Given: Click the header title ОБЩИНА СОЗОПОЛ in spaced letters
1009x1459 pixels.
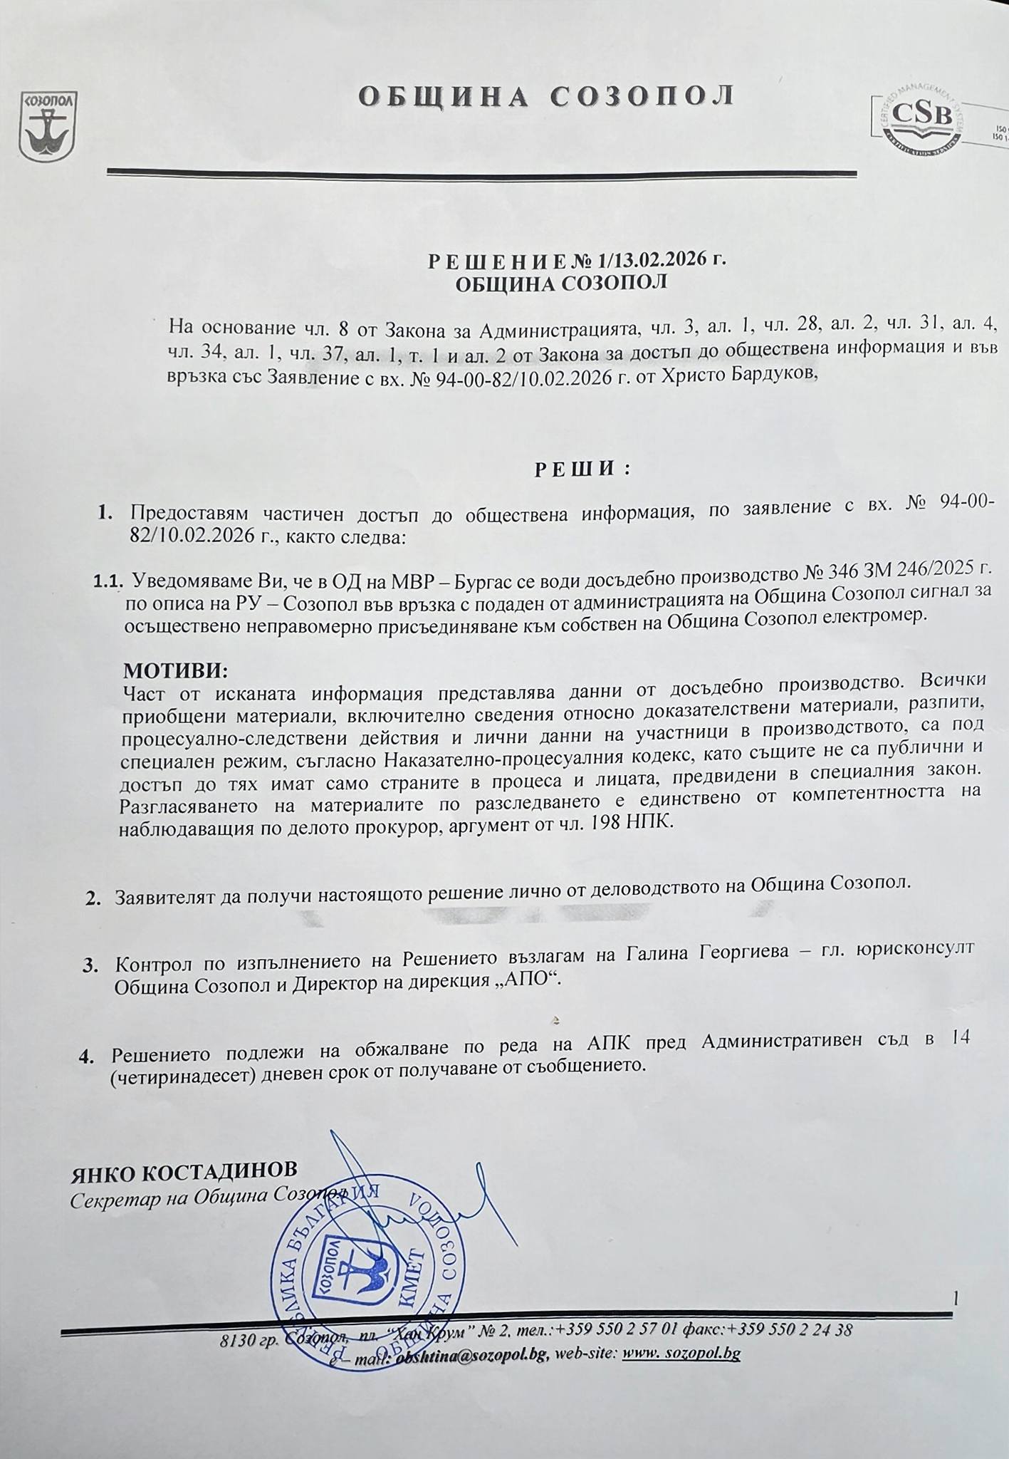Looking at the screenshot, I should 545,95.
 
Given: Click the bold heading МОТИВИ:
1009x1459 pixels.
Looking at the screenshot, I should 175,672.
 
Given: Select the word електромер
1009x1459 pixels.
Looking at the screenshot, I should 877,618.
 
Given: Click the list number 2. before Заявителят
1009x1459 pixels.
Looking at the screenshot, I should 93,900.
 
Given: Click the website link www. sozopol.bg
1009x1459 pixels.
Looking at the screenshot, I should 681,1354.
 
